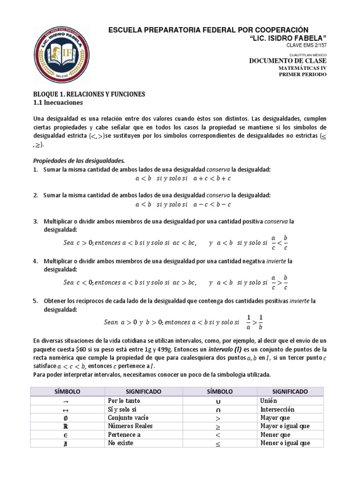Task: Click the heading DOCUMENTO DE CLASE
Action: (288, 60)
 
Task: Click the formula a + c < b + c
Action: (210, 178)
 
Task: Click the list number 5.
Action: (35, 300)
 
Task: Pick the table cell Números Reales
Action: (130, 426)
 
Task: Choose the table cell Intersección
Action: (277, 409)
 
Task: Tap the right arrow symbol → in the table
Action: (66, 401)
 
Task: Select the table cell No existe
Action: (120, 443)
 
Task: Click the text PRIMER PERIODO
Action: (303, 75)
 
